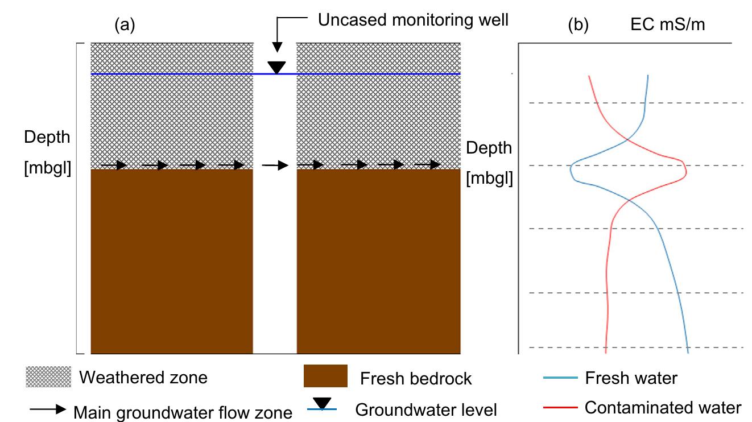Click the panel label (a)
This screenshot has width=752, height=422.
(125, 25)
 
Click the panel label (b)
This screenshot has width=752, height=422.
(578, 25)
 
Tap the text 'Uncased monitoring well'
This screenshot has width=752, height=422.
(413, 20)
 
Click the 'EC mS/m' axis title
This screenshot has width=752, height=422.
(667, 24)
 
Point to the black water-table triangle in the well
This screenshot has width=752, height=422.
(276, 67)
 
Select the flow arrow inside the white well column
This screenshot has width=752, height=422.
(275, 165)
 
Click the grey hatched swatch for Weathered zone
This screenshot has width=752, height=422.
(48, 377)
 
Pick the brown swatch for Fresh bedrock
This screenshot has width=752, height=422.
(325, 376)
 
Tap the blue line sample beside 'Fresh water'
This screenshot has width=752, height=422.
(560, 378)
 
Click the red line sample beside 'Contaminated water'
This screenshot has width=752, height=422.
(560, 407)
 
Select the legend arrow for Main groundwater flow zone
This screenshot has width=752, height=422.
(48, 409)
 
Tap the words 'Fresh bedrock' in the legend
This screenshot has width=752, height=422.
(416, 378)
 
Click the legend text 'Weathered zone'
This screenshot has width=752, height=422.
(143, 377)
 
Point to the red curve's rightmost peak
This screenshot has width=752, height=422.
(686, 172)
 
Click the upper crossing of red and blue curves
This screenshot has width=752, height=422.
(627, 139)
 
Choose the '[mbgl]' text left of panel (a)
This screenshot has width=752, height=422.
(47, 167)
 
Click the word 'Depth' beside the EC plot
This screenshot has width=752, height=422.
(489, 148)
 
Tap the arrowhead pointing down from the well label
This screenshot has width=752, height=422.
(277, 47)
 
